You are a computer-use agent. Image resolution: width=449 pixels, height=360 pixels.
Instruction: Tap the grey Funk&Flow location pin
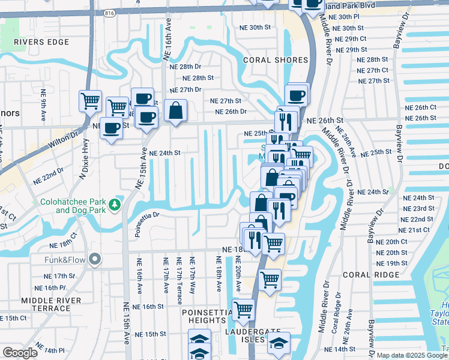94,260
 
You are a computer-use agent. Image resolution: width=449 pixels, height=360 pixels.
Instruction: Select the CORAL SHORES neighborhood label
276,60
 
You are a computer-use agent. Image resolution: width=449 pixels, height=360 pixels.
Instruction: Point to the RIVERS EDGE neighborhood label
38,42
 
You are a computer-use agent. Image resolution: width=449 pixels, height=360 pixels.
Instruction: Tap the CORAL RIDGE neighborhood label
371,275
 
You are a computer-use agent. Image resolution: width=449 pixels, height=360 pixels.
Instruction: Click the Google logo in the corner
20,353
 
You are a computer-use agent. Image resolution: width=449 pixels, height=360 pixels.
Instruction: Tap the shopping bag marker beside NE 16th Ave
175,111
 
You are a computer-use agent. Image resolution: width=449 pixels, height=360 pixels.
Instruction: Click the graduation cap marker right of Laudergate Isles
279,344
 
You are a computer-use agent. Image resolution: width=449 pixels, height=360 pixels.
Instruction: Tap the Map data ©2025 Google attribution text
412,355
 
